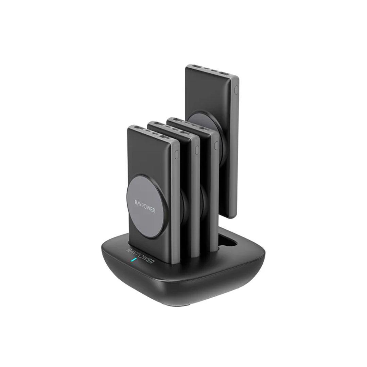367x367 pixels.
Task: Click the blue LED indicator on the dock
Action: coord(133,261)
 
